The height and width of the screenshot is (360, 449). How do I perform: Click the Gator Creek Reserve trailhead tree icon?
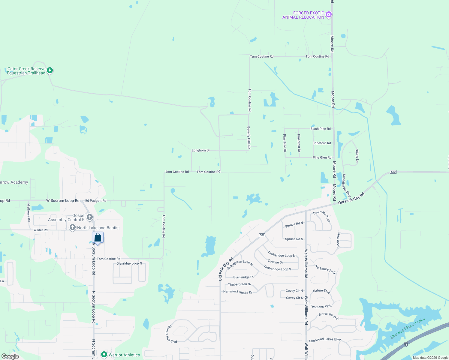coord(50,70)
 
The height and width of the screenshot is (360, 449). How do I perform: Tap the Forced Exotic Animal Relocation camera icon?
coord(329,14)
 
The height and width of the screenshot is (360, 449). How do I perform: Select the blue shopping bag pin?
coord(98,238)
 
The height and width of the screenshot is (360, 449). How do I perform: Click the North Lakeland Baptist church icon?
coord(72,228)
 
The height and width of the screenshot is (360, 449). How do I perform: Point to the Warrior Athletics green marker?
coord(104,355)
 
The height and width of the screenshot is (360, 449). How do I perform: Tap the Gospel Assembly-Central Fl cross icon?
coord(89,217)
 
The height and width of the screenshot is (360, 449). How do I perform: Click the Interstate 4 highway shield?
coord(406,344)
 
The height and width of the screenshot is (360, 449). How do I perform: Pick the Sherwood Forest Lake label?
coord(408,328)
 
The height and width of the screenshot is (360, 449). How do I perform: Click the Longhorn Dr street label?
coord(201,150)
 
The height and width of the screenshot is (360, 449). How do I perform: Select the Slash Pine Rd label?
coord(321,129)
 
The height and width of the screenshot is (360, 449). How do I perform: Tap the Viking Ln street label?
coord(357,156)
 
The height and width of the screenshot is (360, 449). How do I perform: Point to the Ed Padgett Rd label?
coord(96,201)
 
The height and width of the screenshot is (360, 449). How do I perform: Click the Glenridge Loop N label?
coord(129,263)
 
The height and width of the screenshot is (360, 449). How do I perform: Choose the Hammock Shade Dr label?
coord(238,292)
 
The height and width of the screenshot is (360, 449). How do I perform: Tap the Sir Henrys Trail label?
coord(329,316)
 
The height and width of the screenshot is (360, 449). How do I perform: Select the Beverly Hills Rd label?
coord(249,138)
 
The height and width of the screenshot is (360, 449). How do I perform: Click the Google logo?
coord(10,356)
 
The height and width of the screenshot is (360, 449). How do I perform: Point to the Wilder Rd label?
coord(41,230)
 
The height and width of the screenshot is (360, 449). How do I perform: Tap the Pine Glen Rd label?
coord(322,157)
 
